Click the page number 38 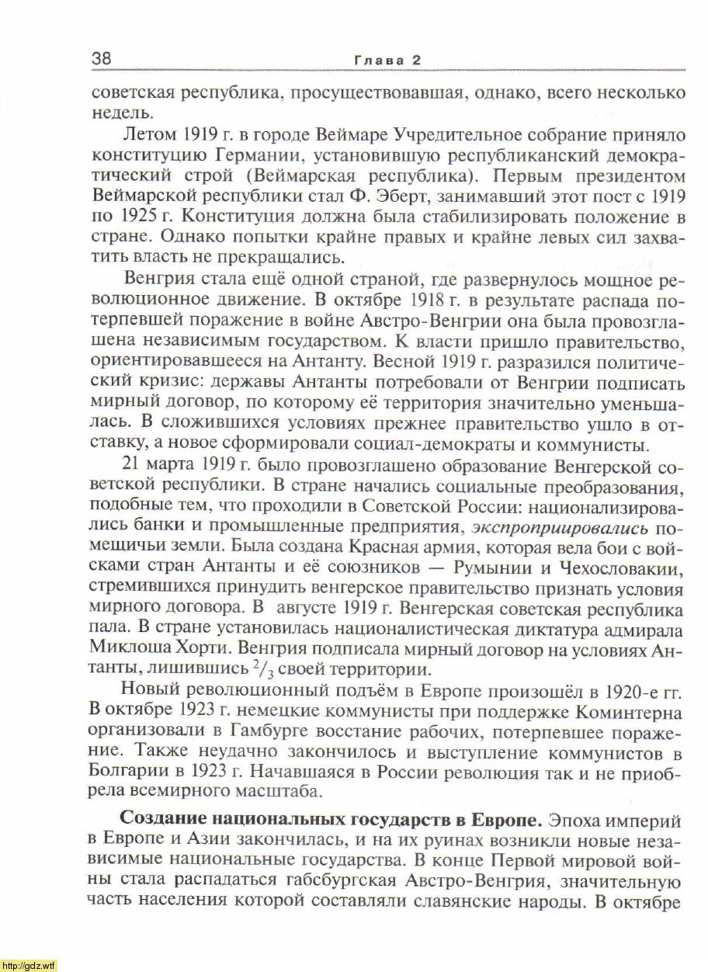pos(102,59)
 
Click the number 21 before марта pos(133,467)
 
